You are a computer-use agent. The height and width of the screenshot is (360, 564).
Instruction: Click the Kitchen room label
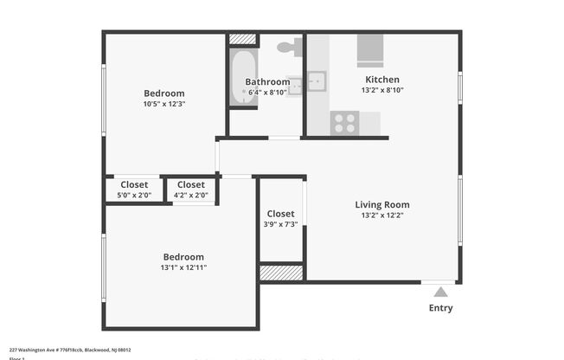coord(381,79)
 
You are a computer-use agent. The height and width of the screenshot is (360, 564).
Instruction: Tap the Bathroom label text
coord(267,82)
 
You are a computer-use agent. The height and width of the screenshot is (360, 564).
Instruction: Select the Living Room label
coord(381,205)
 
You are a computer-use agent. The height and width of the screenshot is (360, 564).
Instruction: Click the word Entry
coord(440,308)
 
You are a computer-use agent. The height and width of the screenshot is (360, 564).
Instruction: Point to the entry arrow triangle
coord(440,292)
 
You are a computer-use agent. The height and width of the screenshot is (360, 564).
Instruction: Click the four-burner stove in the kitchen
coord(345,123)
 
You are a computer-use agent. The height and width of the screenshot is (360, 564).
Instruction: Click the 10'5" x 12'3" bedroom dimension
coord(163,104)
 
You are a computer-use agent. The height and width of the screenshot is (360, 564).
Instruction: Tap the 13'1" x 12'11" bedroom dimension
coord(183,267)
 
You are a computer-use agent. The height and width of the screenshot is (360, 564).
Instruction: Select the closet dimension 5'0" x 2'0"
coord(134,196)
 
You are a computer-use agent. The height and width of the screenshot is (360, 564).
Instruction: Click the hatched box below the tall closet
coord(281,273)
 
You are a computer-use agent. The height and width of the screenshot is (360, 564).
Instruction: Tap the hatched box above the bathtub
coord(243,39)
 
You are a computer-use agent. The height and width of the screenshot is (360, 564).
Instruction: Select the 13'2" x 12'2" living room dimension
coord(381,215)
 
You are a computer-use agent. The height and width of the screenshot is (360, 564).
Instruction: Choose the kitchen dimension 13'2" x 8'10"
coord(381,90)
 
